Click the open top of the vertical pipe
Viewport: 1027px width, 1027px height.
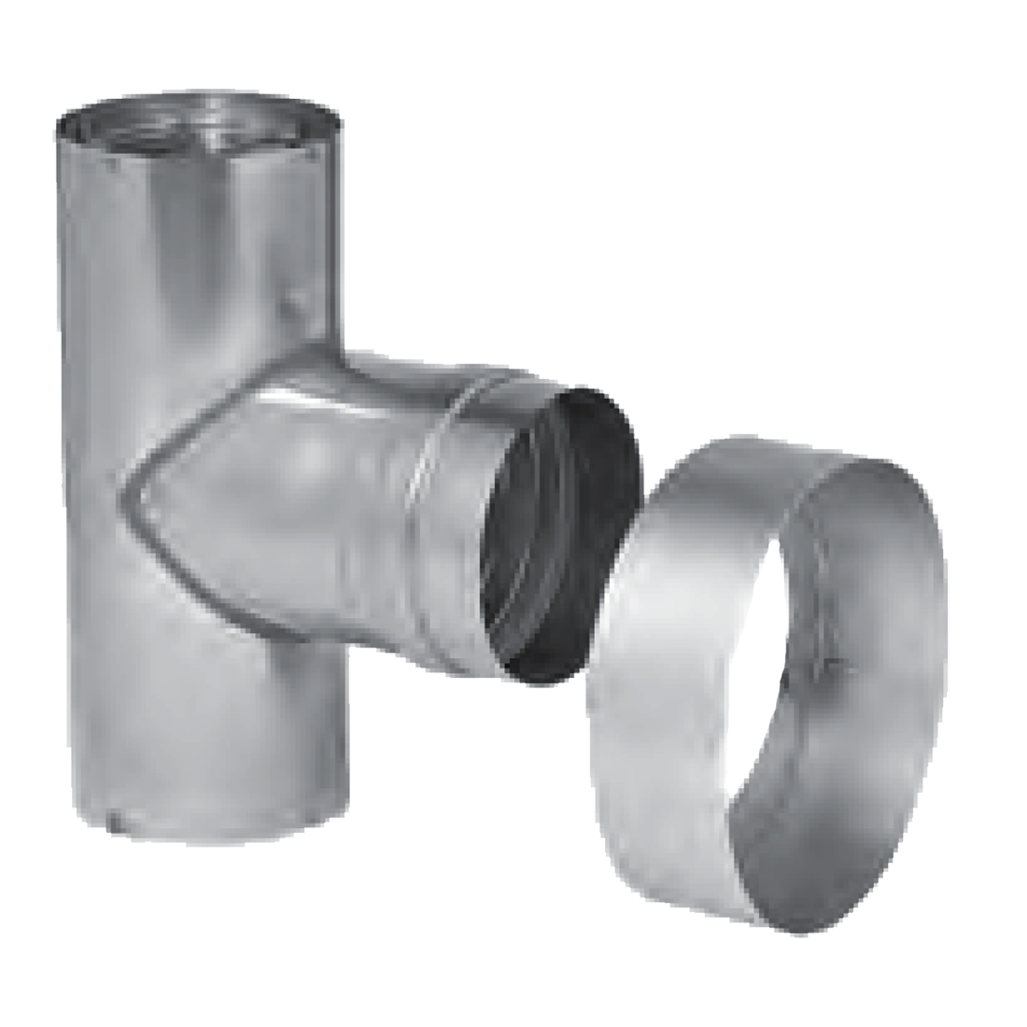pyautogui.click(x=202, y=121)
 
